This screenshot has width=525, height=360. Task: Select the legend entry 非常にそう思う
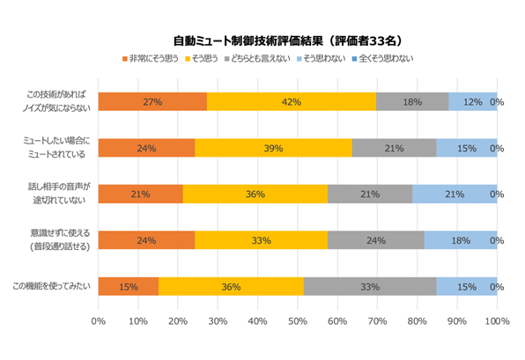click(x=152, y=58)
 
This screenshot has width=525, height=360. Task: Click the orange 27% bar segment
click(x=152, y=102)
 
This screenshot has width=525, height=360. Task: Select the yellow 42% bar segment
click(x=292, y=102)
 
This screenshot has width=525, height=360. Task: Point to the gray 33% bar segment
click(x=370, y=286)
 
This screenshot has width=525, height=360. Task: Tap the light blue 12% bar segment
click(x=472, y=102)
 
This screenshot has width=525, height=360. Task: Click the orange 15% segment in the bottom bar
click(x=129, y=286)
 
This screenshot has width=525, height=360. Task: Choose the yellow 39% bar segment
click(x=273, y=148)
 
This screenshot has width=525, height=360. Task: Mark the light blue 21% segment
click(x=455, y=194)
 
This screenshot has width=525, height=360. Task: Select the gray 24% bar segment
click(x=375, y=239)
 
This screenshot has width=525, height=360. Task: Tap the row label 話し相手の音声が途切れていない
click(x=59, y=194)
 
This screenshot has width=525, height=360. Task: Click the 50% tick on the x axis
click(x=297, y=320)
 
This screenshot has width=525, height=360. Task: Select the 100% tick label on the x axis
click(x=497, y=320)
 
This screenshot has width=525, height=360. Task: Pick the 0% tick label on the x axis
click(x=98, y=320)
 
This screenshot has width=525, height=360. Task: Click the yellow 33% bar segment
click(x=261, y=239)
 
